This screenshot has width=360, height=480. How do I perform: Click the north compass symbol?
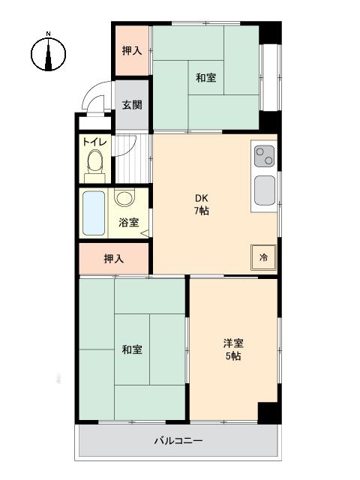click(x=48, y=54)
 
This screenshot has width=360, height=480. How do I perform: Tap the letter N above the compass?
click(x=48, y=34)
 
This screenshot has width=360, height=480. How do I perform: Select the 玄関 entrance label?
click(x=132, y=105)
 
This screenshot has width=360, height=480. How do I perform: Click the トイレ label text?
click(x=95, y=142)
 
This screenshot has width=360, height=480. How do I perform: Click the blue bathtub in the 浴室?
click(x=94, y=213)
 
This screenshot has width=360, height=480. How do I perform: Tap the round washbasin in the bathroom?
click(x=124, y=198)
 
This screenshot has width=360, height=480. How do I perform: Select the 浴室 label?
click(x=129, y=222)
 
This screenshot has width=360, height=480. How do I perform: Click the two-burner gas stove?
click(x=264, y=156)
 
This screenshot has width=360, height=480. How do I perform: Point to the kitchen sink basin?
click(x=265, y=190)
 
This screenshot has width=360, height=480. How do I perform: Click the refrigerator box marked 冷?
click(x=263, y=257)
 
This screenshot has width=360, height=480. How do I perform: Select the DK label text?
click(x=202, y=198)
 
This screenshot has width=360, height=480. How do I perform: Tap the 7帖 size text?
click(x=202, y=211)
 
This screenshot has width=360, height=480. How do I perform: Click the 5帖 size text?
click(x=233, y=356)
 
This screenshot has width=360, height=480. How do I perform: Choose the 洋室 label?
click(x=233, y=343)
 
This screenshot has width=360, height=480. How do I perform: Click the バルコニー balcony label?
click(x=178, y=441)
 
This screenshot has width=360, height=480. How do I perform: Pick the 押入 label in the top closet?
click(x=132, y=50)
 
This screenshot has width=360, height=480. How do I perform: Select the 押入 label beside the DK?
click(x=113, y=259)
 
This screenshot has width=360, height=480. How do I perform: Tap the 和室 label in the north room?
click(x=206, y=78)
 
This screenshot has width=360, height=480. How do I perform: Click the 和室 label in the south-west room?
click(x=132, y=349)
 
